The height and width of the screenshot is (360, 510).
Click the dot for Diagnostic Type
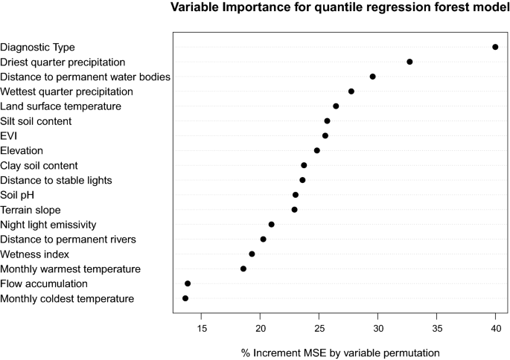point(495,47)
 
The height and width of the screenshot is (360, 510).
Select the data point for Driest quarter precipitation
point(409,62)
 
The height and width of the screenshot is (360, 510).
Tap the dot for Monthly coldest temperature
point(185,298)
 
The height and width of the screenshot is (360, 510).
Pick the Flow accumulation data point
point(188,283)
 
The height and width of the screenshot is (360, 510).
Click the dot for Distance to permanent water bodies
point(373,77)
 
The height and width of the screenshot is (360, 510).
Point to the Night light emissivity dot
point(272,224)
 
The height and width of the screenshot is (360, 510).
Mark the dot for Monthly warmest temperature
point(243,269)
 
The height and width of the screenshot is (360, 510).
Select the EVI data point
point(325,136)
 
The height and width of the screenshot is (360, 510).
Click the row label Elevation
point(22,150)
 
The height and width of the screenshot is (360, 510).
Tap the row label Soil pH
point(20,195)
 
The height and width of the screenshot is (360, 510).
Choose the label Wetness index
point(34,254)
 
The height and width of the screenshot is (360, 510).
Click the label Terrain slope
point(31,210)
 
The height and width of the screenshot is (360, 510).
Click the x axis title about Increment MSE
point(340,350)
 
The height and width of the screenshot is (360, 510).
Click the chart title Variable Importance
point(340,9)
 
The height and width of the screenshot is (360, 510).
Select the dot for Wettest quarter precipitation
point(351,91)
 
